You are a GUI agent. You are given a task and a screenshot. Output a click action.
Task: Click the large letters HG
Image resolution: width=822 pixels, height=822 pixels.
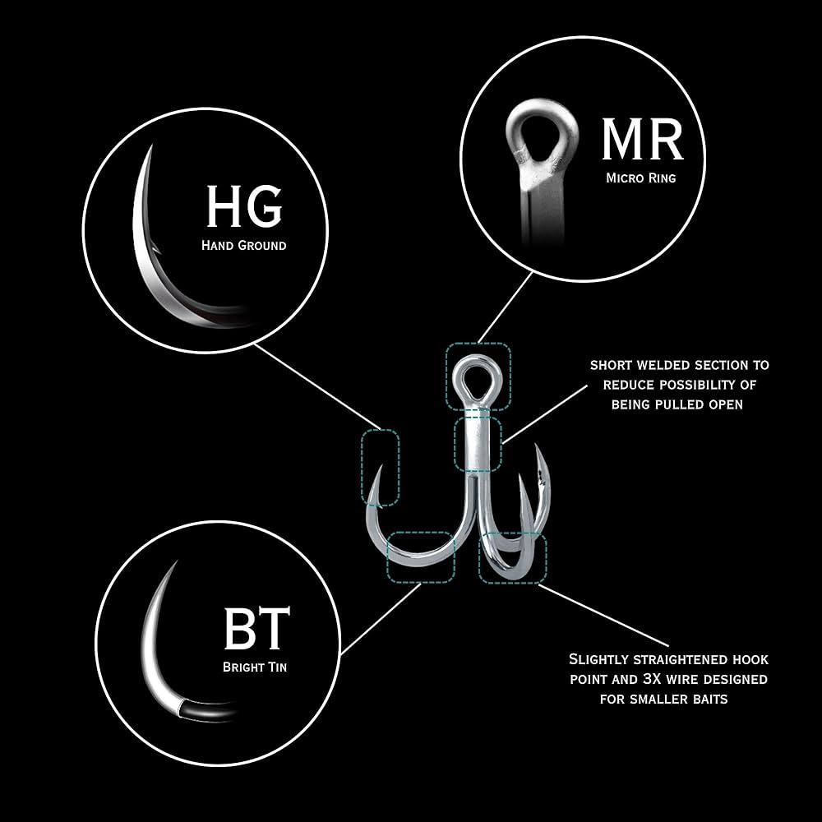[244, 205]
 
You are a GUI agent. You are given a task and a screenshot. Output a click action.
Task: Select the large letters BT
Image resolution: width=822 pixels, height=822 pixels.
[256, 628]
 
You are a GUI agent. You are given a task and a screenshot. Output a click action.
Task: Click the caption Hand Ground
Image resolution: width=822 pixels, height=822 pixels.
[244, 245]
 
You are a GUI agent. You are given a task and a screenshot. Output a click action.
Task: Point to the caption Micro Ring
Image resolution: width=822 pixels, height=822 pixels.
[640, 178]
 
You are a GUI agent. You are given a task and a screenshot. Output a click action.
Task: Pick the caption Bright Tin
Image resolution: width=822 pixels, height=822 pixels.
[255, 667]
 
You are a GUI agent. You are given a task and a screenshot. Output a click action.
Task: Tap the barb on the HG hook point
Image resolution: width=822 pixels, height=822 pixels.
[155, 249]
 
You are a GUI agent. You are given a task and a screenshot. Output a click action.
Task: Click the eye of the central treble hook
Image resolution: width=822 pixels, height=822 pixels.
[477, 380]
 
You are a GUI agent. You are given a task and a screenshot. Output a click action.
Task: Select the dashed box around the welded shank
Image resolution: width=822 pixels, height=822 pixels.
[478, 444]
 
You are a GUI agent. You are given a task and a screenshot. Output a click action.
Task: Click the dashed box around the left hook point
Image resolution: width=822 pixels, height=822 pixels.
[380, 467]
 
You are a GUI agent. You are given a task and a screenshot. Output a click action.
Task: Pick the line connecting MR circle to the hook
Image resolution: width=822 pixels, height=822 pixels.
[506, 307]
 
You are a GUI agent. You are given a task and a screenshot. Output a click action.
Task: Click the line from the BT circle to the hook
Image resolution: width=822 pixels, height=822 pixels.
[381, 619]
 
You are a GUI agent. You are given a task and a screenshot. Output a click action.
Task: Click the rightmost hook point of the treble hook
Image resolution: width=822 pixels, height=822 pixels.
[537, 446]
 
